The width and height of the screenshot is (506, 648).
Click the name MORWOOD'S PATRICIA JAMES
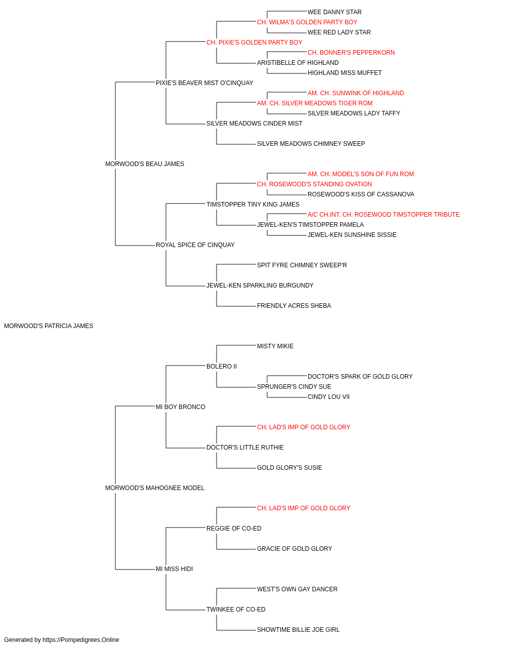(49, 326)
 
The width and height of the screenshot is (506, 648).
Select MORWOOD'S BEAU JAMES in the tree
(145, 164)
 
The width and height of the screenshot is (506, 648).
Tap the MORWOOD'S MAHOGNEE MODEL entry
(155, 488)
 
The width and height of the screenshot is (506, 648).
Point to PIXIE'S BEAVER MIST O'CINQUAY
(204, 83)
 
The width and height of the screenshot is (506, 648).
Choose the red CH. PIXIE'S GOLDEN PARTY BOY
(254, 43)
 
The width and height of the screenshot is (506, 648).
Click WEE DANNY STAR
(334, 12)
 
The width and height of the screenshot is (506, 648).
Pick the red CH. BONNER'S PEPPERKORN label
(351, 53)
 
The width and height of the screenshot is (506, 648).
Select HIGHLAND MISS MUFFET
(345, 73)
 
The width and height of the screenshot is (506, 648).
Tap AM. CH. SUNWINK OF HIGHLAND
(356, 93)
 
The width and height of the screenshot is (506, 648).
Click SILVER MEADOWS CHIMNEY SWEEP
(311, 144)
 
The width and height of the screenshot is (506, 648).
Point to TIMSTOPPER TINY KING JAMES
(252, 205)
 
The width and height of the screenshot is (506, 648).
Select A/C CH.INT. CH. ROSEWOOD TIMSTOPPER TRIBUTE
(384, 215)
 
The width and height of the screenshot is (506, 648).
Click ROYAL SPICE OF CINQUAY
(195, 245)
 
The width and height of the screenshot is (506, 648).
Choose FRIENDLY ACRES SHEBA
(294, 306)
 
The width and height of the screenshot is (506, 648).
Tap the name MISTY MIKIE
(275, 346)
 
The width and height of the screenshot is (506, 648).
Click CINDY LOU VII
(328, 397)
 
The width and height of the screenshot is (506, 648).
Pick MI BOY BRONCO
(180, 407)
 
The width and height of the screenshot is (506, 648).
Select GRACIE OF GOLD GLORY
(294, 549)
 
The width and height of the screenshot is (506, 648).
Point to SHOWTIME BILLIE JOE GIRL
(298, 630)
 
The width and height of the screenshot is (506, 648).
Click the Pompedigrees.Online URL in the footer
(80, 640)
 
